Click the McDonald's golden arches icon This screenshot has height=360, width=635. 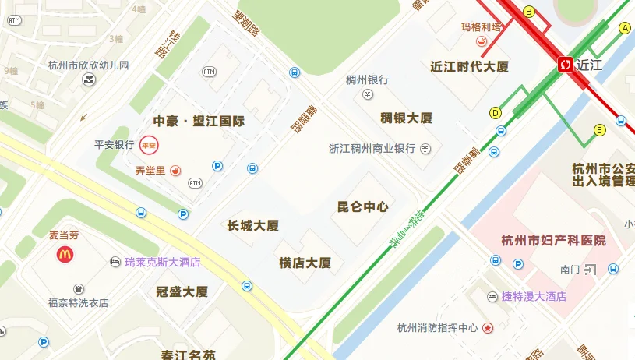(64, 253)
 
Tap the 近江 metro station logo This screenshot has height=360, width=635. (566, 65)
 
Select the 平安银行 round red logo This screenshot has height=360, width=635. (148, 145)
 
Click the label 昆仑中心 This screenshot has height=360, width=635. (362, 206)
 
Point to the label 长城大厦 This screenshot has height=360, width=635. (253, 225)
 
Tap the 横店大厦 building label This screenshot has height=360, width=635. (305, 263)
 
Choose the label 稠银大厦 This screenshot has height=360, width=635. (406, 118)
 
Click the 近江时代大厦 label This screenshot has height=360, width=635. (469, 66)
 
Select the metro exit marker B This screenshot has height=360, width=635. (529, 12)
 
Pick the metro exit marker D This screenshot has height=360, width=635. (496, 113)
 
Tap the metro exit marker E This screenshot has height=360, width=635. (600, 130)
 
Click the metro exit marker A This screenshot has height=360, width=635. (624, 28)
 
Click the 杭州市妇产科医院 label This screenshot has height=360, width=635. (554, 240)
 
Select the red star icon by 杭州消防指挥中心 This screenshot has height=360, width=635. (488, 328)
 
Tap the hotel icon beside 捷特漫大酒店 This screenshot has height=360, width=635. (492, 297)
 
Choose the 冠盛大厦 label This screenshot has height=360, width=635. (182, 292)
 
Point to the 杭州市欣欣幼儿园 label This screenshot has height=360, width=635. (88, 65)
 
